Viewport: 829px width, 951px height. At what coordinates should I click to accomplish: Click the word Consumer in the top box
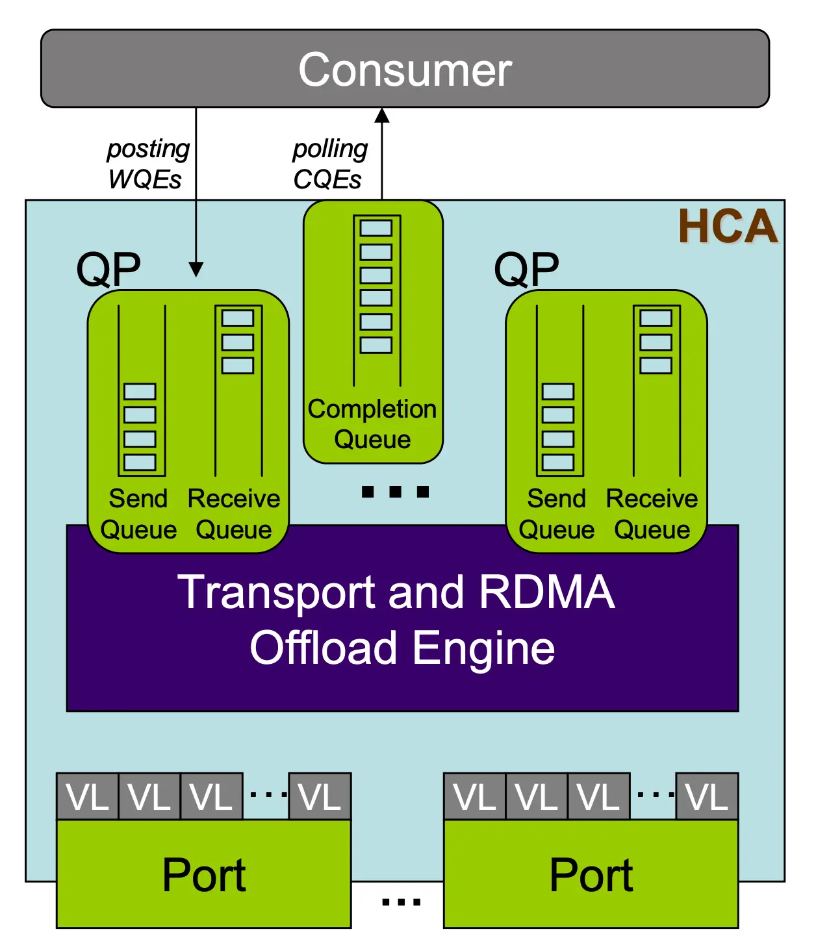(405, 70)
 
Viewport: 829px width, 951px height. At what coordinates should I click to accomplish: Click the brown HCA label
(728, 227)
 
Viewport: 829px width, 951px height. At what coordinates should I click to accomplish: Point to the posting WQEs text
(147, 164)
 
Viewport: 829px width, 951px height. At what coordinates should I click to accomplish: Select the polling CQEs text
(329, 164)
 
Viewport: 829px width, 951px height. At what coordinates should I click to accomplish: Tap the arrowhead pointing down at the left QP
(196, 269)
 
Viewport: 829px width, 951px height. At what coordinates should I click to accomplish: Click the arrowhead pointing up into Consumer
(382, 116)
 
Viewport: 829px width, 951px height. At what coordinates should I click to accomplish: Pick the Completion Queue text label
(372, 424)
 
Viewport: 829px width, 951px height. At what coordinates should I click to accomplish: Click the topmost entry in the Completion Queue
(376, 228)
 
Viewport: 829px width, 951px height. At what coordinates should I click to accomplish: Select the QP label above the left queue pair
(108, 269)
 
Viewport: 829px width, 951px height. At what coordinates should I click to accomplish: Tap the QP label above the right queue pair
(526, 269)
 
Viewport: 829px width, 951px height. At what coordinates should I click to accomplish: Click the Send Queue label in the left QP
(138, 514)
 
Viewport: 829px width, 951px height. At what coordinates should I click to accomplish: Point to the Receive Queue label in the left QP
(234, 514)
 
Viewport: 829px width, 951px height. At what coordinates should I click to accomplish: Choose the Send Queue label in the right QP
(557, 514)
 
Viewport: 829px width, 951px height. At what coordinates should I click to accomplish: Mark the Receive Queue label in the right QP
(652, 514)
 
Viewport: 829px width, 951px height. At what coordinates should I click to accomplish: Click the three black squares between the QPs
(395, 492)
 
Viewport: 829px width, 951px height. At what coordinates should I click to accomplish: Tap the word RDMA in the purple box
(546, 592)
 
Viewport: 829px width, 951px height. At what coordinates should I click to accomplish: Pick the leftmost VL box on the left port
(88, 796)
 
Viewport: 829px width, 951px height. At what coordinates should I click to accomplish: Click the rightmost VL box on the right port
(707, 796)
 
